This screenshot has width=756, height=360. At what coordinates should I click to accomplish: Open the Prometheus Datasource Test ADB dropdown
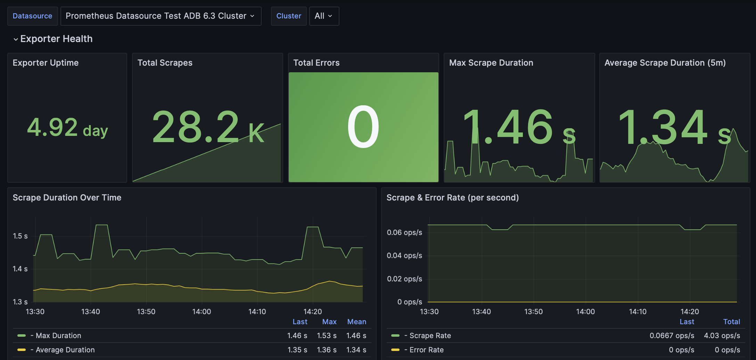click(x=161, y=16)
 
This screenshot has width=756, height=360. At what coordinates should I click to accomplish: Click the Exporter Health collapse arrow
click(x=16, y=39)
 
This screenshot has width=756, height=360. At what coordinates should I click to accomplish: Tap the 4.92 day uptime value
click(x=67, y=128)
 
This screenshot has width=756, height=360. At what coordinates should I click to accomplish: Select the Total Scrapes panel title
click(x=165, y=63)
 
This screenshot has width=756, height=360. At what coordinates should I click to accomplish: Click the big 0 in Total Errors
click(x=363, y=127)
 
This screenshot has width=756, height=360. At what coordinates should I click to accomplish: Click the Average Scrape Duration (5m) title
click(x=665, y=63)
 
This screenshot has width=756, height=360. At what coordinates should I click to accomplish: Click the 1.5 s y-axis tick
click(x=20, y=236)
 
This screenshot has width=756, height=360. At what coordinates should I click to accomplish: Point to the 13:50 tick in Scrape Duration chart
click(x=146, y=312)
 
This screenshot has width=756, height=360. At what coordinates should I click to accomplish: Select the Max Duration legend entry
click(x=58, y=336)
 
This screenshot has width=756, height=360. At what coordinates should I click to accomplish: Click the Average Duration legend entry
click(x=65, y=350)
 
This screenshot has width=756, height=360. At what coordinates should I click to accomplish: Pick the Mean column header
click(x=356, y=322)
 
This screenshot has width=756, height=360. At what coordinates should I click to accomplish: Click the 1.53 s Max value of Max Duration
click(x=327, y=336)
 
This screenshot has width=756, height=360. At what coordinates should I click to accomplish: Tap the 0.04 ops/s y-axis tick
click(x=404, y=256)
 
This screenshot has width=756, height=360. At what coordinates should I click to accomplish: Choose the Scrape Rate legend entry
click(x=430, y=336)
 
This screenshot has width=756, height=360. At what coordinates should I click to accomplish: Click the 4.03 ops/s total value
click(x=722, y=336)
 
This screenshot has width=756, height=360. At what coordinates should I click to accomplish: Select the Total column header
click(x=731, y=322)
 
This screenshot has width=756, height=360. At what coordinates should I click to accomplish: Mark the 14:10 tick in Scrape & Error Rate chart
click(x=638, y=312)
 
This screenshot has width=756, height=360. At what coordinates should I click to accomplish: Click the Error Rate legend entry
click(x=426, y=350)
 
